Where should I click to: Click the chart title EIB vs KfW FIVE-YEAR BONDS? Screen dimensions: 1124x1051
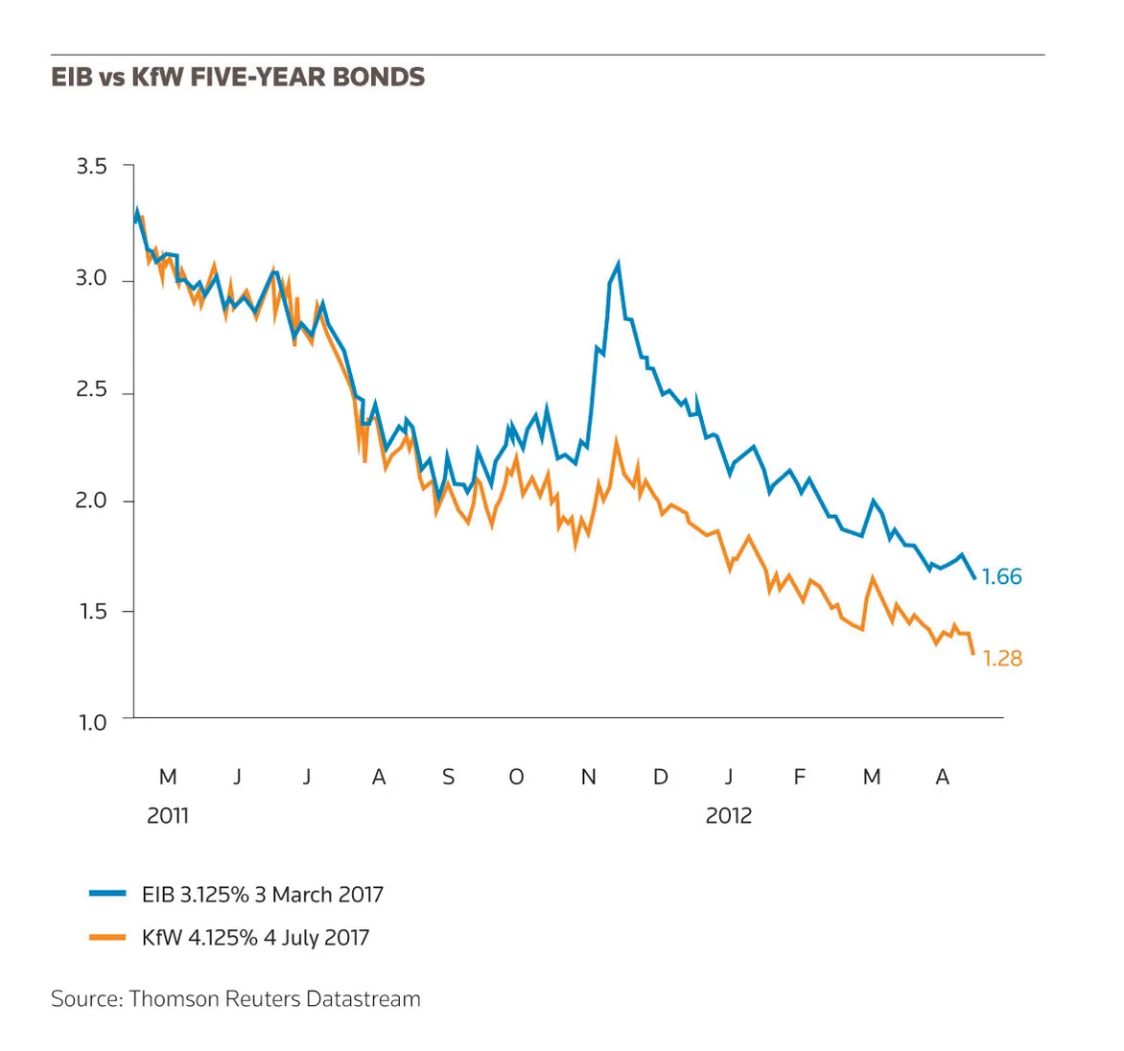click(238, 77)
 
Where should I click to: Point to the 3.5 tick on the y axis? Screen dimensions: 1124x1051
click(91, 166)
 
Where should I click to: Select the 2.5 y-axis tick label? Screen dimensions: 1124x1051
click(91, 389)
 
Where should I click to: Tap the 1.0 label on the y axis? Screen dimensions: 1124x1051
click(92, 723)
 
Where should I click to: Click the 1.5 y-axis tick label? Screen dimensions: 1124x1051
click(92, 612)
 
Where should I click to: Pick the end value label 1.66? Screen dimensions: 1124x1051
click(1001, 576)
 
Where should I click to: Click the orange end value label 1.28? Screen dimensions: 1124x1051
click(1002, 658)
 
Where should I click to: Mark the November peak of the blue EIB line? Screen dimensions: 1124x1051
click(618, 263)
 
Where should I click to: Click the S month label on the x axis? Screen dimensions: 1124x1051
click(448, 777)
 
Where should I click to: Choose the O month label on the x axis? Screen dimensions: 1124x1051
click(516, 777)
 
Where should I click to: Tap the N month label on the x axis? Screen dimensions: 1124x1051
click(589, 777)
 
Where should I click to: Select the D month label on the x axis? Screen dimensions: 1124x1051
click(660, 777)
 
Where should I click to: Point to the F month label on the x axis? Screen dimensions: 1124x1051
click(799, 777)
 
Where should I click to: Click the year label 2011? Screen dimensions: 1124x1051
click(168, 816)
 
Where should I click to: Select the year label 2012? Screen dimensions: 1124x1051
click(728, 816)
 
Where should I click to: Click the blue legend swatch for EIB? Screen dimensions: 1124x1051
click(107, 894)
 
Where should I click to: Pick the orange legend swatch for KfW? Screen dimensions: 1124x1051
click(107, 937)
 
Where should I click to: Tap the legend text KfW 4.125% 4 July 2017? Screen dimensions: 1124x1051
click(255, 938)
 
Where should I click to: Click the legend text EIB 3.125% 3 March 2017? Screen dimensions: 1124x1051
click(263, 895)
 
